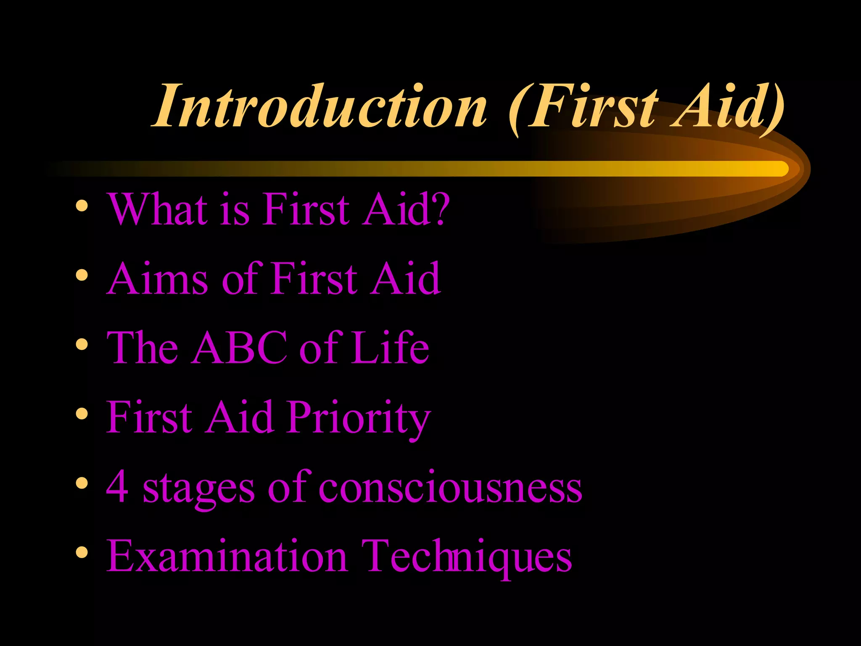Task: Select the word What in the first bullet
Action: tap(158, 209)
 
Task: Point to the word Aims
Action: tap(157, 278)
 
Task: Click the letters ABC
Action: tap(239, 348)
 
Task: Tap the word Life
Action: tap(390, 348)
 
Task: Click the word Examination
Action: tap(227, 556)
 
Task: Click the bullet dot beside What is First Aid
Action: tap(82, 206)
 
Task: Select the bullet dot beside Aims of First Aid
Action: tap(82, 275)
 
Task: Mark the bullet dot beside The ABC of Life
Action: tap(82, 345)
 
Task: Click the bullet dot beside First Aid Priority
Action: tap(82, 414)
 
